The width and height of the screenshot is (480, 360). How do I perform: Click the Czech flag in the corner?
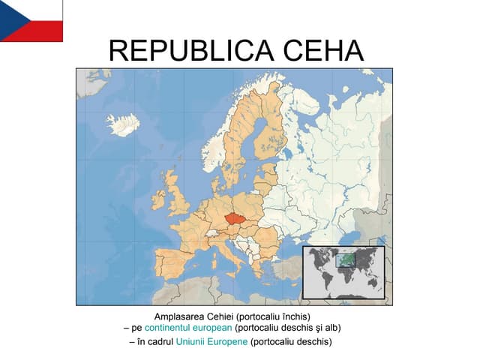(31, 20)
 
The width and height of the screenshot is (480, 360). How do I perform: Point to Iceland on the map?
(121, 123)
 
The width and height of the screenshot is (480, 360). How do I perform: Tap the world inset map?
(343, 271)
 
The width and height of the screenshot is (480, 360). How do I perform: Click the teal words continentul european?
(188, 328)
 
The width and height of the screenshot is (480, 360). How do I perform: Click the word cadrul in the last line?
(158, 342)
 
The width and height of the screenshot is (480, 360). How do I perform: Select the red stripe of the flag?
(41, 31)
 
